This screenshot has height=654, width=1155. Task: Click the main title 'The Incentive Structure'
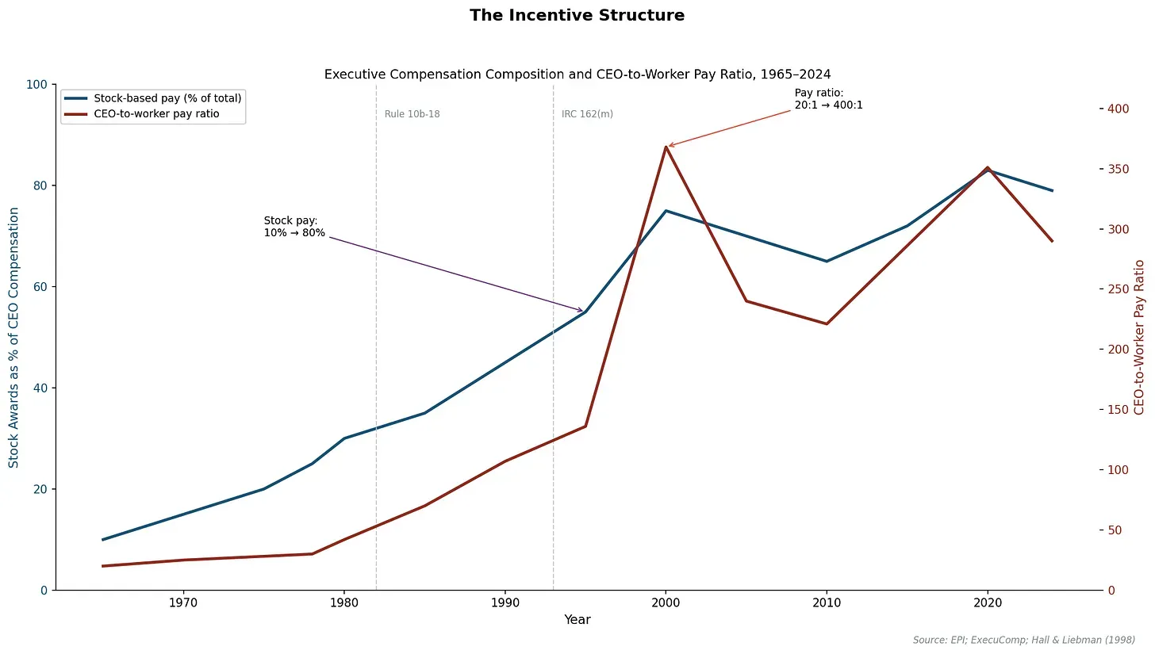(577, 15)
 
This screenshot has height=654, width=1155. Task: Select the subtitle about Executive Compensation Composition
(577, 75)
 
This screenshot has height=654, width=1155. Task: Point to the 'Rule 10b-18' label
(412, 114)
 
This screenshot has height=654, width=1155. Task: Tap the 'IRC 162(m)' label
(587, 114)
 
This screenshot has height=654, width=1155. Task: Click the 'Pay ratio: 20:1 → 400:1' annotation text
(828, 99)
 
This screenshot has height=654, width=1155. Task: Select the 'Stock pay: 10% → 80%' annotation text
(294, 226)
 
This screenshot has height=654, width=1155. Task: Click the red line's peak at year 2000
(666, 147)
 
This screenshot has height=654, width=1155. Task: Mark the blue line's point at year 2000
(666, 211)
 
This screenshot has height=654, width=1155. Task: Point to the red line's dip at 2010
(827, 323)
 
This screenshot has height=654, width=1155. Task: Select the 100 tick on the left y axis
(37, 84)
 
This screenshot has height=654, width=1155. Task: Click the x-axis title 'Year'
(577, 620)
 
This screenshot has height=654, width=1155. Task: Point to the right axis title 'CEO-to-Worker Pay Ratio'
(1139, 337)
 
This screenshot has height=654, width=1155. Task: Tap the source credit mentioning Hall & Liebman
(1023, 639)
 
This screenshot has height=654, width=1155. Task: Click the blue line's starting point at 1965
(103, 539)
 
